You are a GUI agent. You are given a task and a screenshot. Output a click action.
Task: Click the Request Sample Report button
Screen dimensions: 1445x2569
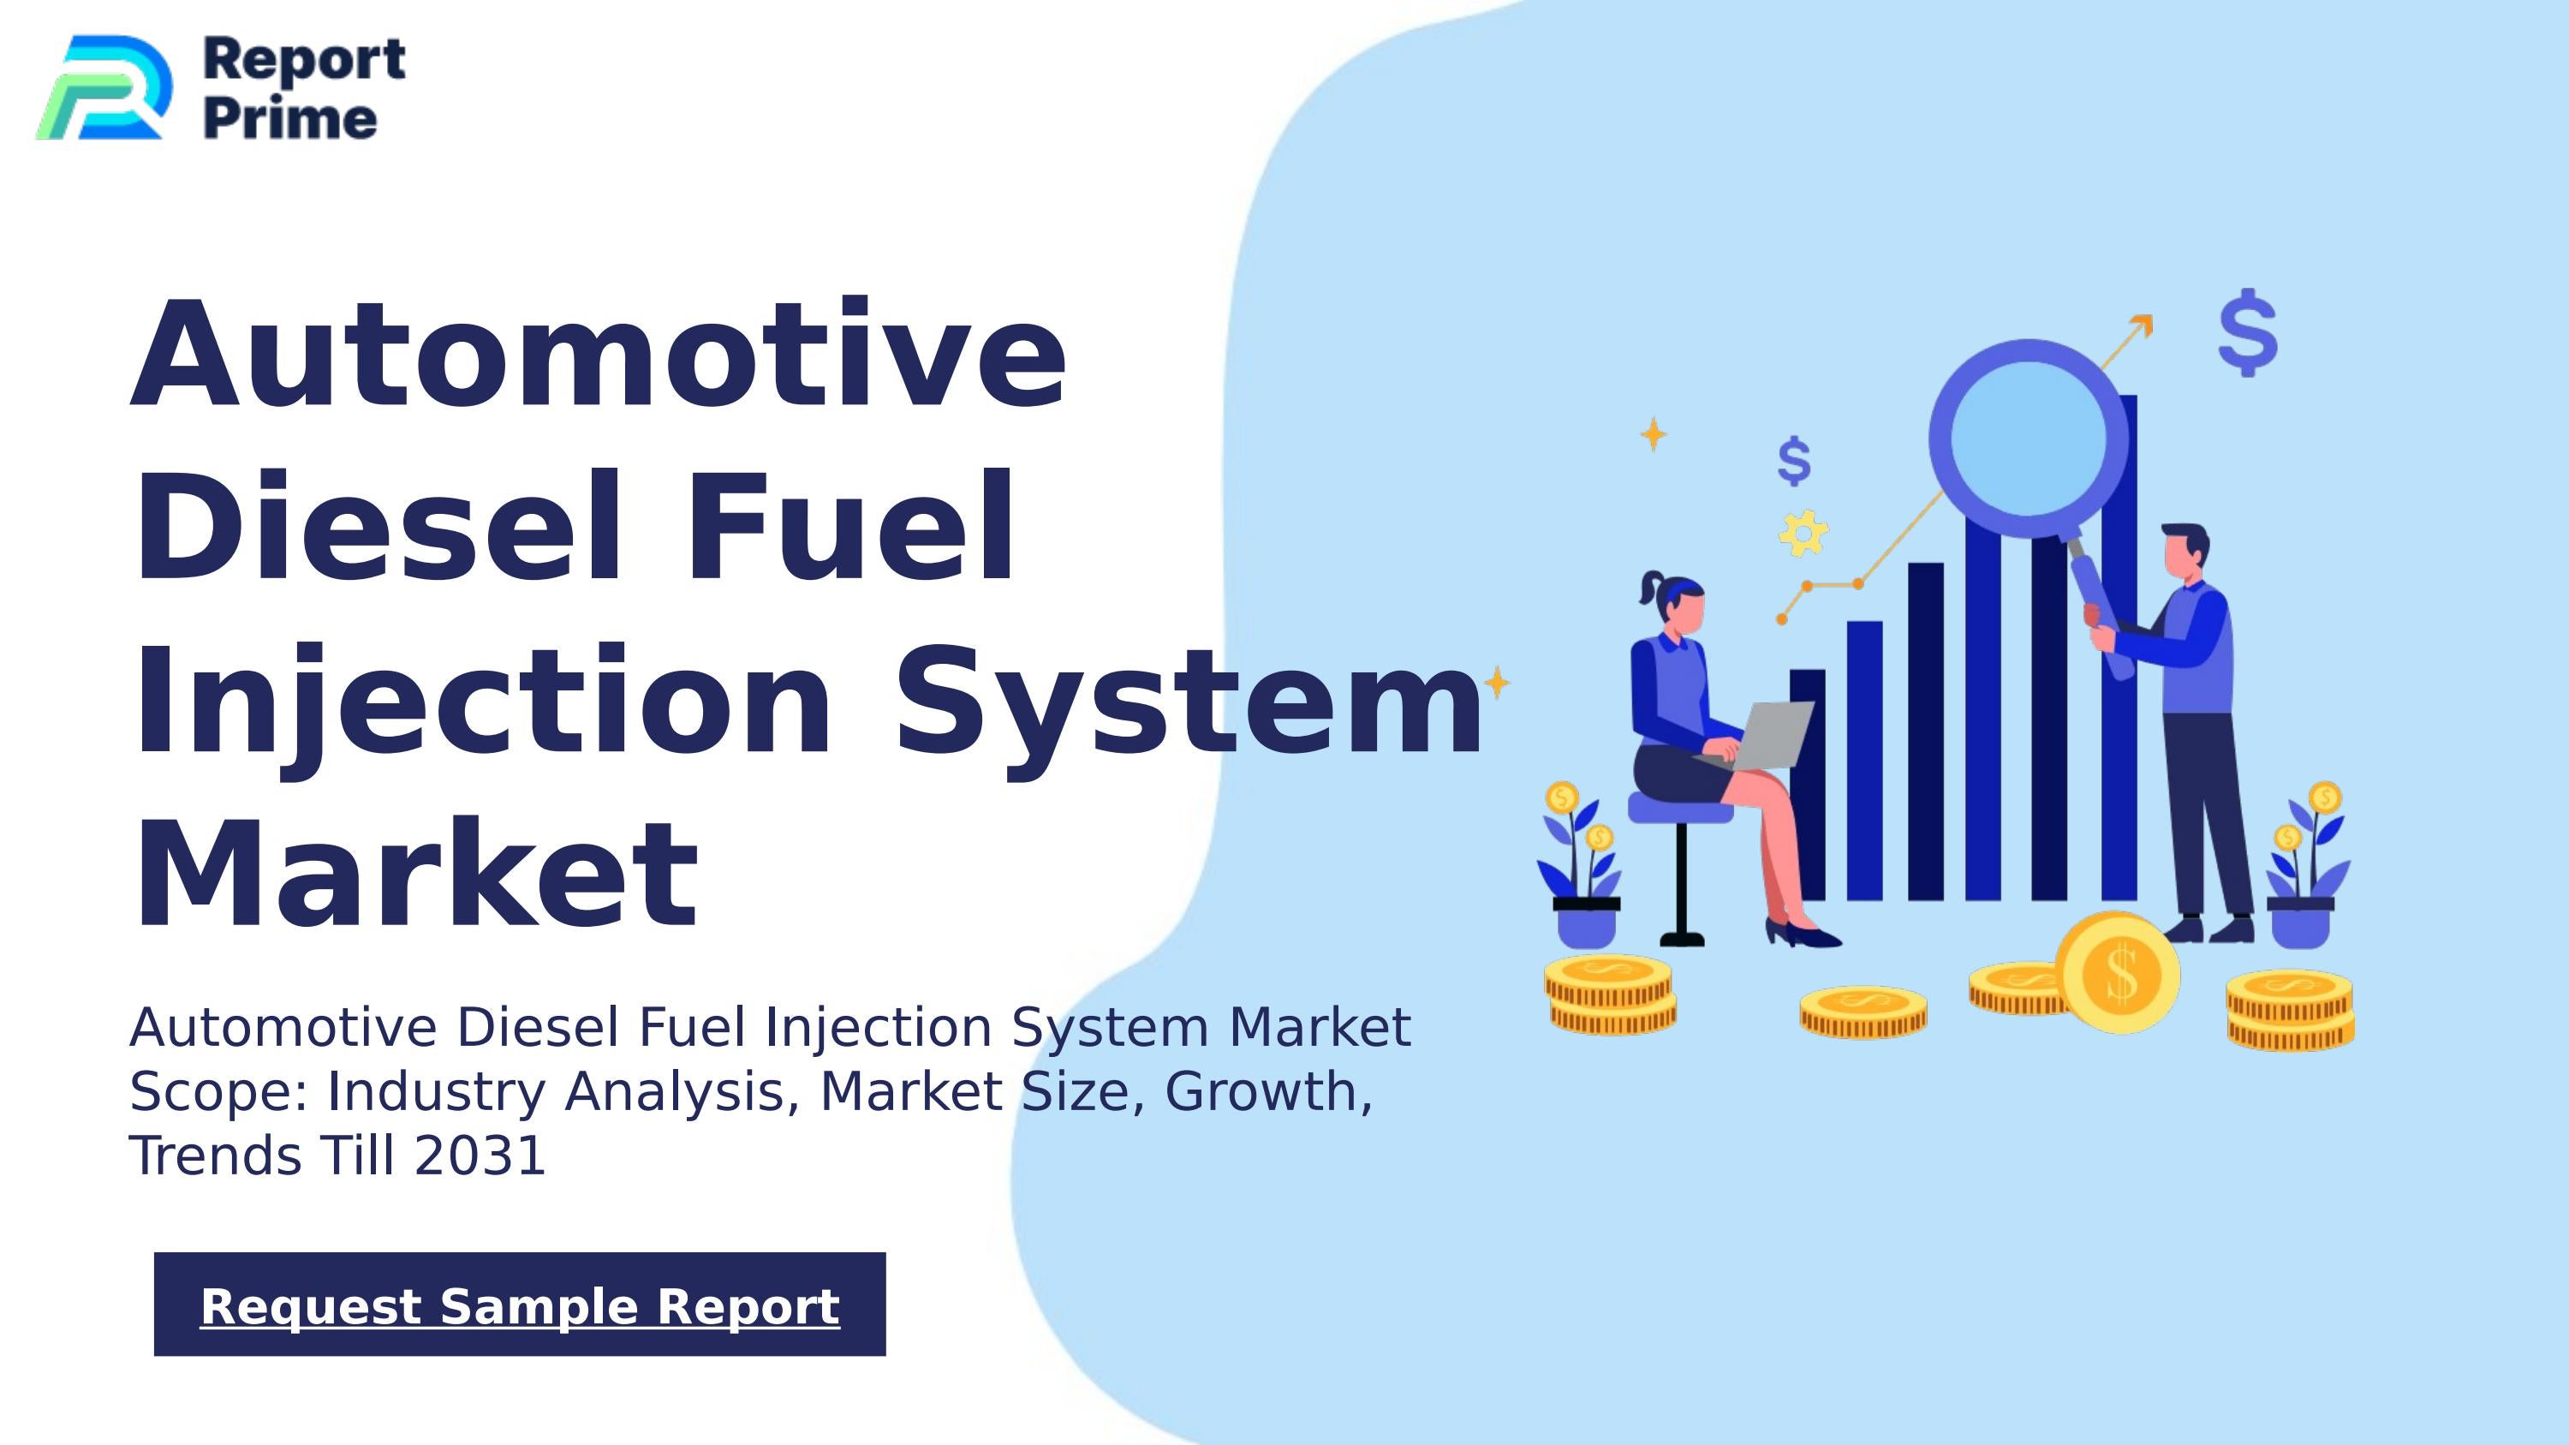click(x=520, y=1305)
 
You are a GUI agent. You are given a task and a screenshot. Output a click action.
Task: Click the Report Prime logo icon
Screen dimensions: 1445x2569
click(x=103, y=87)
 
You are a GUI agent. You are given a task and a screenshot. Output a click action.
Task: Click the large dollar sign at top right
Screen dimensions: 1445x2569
click(x=2247, y=333)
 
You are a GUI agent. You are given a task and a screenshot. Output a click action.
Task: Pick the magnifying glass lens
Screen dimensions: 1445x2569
click(x=2028, y=439)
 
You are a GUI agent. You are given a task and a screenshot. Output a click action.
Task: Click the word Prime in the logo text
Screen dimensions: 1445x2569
click(x=290, y=120)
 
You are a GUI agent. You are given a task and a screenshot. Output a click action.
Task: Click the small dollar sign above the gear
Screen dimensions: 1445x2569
click(x=1794, y=461)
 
